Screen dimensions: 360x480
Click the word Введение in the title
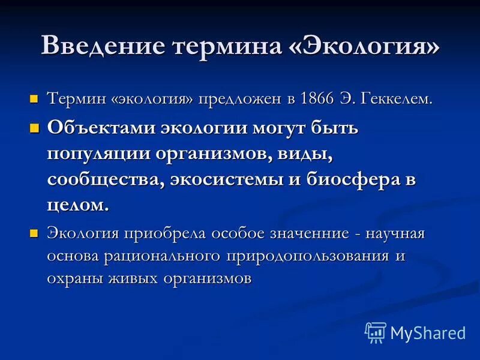point(103,46)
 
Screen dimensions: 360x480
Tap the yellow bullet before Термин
point(34,98)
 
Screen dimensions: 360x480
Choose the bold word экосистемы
point(233,179)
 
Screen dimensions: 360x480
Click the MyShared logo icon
point(375,332)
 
